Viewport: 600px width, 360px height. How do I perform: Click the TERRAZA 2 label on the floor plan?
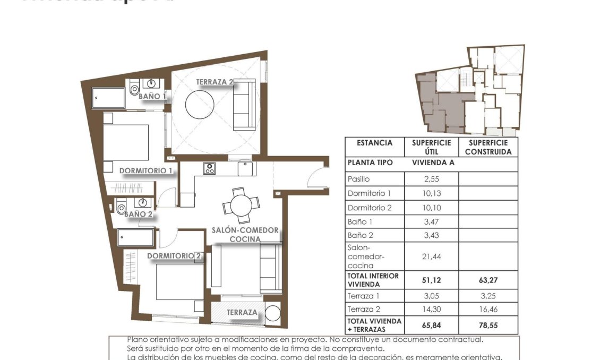215,82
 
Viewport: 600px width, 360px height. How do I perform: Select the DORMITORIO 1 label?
146,171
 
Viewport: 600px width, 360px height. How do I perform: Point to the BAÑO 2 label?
139,214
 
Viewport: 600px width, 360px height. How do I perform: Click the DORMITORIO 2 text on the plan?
174,256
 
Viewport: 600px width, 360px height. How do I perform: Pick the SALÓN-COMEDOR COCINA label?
245,235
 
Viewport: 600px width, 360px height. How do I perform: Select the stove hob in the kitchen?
210,168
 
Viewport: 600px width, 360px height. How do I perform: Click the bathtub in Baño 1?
108,98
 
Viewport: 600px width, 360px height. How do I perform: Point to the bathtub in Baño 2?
135,237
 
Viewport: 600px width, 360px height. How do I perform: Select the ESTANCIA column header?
374,143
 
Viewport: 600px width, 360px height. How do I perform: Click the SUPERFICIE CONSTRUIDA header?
488,147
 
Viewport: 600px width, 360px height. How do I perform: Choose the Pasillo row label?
358,179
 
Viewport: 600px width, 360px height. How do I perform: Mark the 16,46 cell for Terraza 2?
488,310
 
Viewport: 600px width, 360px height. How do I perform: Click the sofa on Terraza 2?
245,105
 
